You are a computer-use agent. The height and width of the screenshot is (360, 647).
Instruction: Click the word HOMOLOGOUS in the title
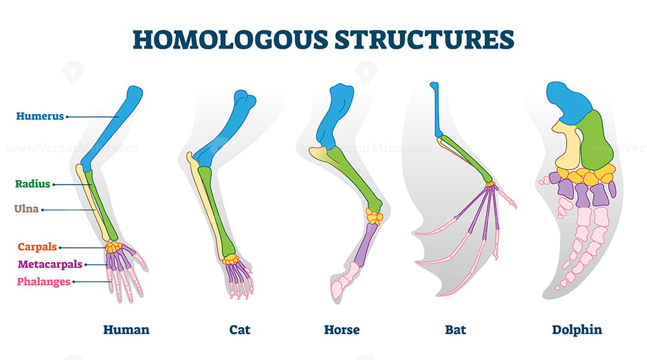tap(230, 40)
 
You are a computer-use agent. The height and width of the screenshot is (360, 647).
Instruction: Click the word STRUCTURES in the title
tap(424, 40)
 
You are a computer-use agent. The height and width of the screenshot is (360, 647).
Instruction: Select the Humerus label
tap(40, 116)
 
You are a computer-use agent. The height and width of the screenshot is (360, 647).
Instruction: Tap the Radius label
tap(32, 184)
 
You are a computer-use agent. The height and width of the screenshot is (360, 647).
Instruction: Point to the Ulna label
tap(27, 209)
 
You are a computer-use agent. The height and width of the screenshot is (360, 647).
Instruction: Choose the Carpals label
tap(37, 247)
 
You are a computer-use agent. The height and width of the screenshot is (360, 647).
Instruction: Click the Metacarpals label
tap(50, 264)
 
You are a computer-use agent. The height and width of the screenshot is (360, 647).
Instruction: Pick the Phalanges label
tap(44, 282)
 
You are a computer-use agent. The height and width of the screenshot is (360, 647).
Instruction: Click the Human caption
tap(126, 330)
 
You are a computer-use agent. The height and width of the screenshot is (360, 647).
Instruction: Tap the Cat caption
tap(240, 330)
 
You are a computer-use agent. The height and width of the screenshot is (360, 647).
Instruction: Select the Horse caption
tap(342, 330)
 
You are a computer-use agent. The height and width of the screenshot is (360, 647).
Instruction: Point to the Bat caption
tap(455, 330)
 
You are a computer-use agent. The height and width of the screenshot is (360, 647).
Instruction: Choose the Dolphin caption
tap(577, 330)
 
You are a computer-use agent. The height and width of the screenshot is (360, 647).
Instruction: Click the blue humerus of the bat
tap(436, 109)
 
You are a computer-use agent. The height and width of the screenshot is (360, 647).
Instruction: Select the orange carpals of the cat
tap(231, 260)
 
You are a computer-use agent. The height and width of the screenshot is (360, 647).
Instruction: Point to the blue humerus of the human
tap(111, 128)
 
